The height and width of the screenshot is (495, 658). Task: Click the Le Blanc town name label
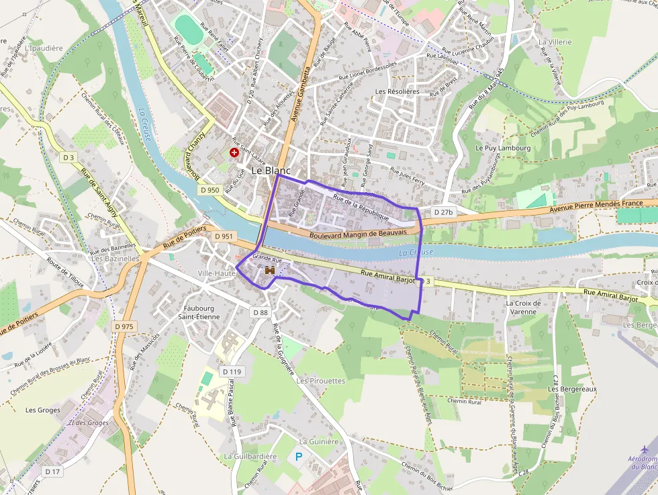click(x=271, y=171)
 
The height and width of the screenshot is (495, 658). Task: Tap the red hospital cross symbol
click(x=234, y=152)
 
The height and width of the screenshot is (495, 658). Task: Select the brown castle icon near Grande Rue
click(x=270, y=270)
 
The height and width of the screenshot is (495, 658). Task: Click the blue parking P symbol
click(x=299, y=457)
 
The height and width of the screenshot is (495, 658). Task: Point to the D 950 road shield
click(x=209, y=190)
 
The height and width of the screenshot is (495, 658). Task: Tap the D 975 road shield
click(x=124, y=326)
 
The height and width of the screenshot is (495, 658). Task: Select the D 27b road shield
click(x=444, y=212)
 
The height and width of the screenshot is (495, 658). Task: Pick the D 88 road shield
click(x=261, y=312)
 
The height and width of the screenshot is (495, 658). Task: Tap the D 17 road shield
click(x=52, y=471)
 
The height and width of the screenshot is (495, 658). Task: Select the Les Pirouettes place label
click(x=320, y=381)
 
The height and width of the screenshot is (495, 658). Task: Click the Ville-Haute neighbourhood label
click(x=216, y=273)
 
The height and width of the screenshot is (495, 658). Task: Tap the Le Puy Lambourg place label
click(x=503, y=148)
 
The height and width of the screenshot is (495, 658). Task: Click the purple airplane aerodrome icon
click(x=645, y=448)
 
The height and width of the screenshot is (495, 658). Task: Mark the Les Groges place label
click(x=42, y=410)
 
